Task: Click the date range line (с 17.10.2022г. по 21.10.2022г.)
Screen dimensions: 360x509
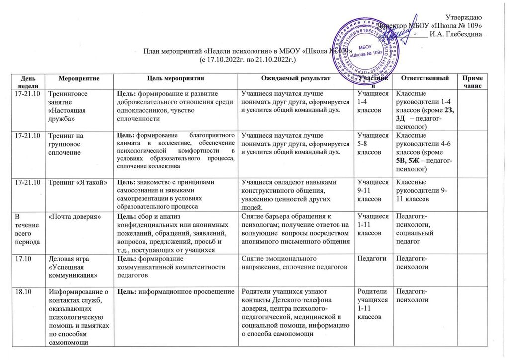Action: tap(248, 59)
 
